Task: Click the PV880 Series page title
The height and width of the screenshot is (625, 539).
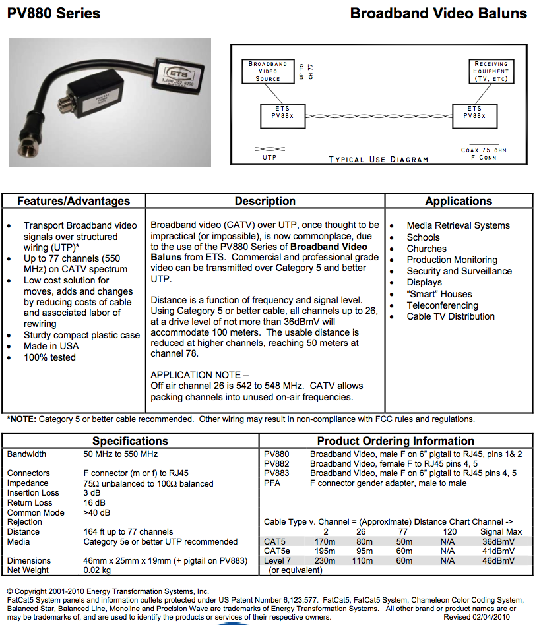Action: [x=53, y=13]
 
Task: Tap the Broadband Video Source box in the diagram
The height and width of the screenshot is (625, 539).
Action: [x=267, y=71]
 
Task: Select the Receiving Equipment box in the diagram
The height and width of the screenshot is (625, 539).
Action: [x=491, y=71]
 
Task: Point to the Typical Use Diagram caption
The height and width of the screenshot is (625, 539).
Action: [x=378, y=159]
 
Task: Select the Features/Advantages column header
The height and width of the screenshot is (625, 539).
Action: [x=73, y=202]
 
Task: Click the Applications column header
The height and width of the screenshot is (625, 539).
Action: [x=459, y=202]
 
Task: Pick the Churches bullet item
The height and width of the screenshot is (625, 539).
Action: [x=426, y=249]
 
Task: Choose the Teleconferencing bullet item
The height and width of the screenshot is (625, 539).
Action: [x=442, y=305]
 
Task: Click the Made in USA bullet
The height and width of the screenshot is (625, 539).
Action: [x=51, y=346]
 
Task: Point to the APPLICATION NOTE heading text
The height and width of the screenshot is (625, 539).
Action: [x=195, y=375]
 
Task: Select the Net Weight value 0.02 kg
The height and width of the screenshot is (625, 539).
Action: [x=98, y=570]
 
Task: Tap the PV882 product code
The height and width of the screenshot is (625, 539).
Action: [x=276, y=463]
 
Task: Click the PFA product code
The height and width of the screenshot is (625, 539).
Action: [x=272, y=483]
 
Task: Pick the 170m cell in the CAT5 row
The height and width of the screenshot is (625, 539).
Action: [x=325, y=541]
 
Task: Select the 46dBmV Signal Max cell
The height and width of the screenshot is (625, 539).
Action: [x=497, y=560]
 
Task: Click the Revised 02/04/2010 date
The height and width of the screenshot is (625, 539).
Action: [x=476, y=618]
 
